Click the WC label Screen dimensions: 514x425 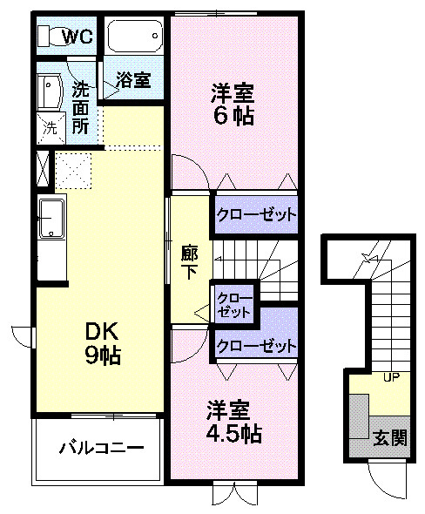coord(80,37)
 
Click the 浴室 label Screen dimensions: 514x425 coord(134,80)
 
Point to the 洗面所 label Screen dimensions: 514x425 coord(81,105)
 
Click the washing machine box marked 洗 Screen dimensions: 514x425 coord(51,126)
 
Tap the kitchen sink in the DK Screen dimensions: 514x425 coord(51,219)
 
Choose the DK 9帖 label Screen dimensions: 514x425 coord(102,342)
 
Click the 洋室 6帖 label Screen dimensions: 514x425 coord(233,104)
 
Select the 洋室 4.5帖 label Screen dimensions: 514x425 coord(233,421)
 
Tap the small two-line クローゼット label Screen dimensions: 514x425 coord(233,304)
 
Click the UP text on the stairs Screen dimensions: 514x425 coord(391,376)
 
